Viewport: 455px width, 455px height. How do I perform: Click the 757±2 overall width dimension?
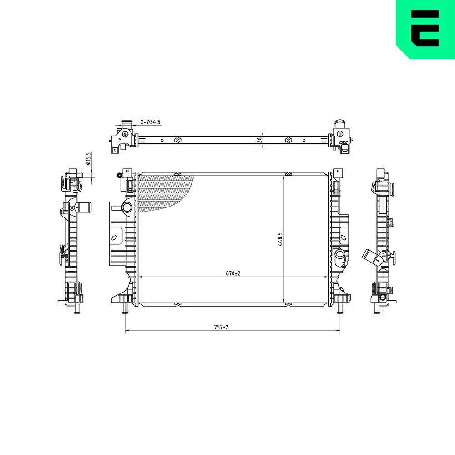(x=221, y=327)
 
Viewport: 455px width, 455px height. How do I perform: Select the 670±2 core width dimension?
(x=233, y=273)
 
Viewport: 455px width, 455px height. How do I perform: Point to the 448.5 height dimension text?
(x=280, y=239)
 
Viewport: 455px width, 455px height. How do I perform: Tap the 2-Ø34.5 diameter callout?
(x=150, y=122)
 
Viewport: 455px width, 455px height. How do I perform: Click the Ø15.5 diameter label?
(x=89, y=158)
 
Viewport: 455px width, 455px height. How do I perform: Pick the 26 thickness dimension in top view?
(x=260, y=140)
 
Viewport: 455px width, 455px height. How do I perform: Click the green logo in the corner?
(x=425, y=29)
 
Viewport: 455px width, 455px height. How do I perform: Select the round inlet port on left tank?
(x=127, y=207)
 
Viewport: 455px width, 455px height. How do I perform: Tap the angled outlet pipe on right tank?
(x=339, y=256)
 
